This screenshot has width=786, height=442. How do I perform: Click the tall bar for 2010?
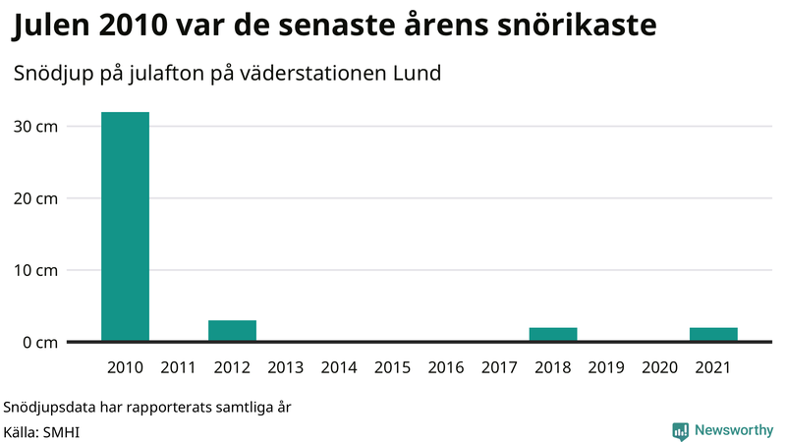(125, 227)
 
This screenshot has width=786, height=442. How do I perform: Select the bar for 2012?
(232, 331)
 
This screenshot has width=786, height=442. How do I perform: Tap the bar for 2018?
(553, 334)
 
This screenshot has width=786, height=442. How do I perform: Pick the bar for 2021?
(713, 334)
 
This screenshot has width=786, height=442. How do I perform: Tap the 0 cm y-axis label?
(40, 342)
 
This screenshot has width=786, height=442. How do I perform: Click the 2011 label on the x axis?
(178, 368)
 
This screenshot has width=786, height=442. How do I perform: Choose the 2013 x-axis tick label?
(285, 368)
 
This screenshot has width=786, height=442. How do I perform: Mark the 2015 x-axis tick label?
(392, 368)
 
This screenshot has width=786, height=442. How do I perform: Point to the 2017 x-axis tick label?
(499, 368)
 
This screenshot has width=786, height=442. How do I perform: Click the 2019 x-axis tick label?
(606, 368)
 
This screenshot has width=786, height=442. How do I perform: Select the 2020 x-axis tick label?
(659, 368)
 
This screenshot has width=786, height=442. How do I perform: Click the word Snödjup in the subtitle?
(50, 74)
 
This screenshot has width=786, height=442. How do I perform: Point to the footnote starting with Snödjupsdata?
(147, 407)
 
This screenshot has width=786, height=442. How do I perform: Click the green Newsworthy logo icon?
(680, 430)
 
